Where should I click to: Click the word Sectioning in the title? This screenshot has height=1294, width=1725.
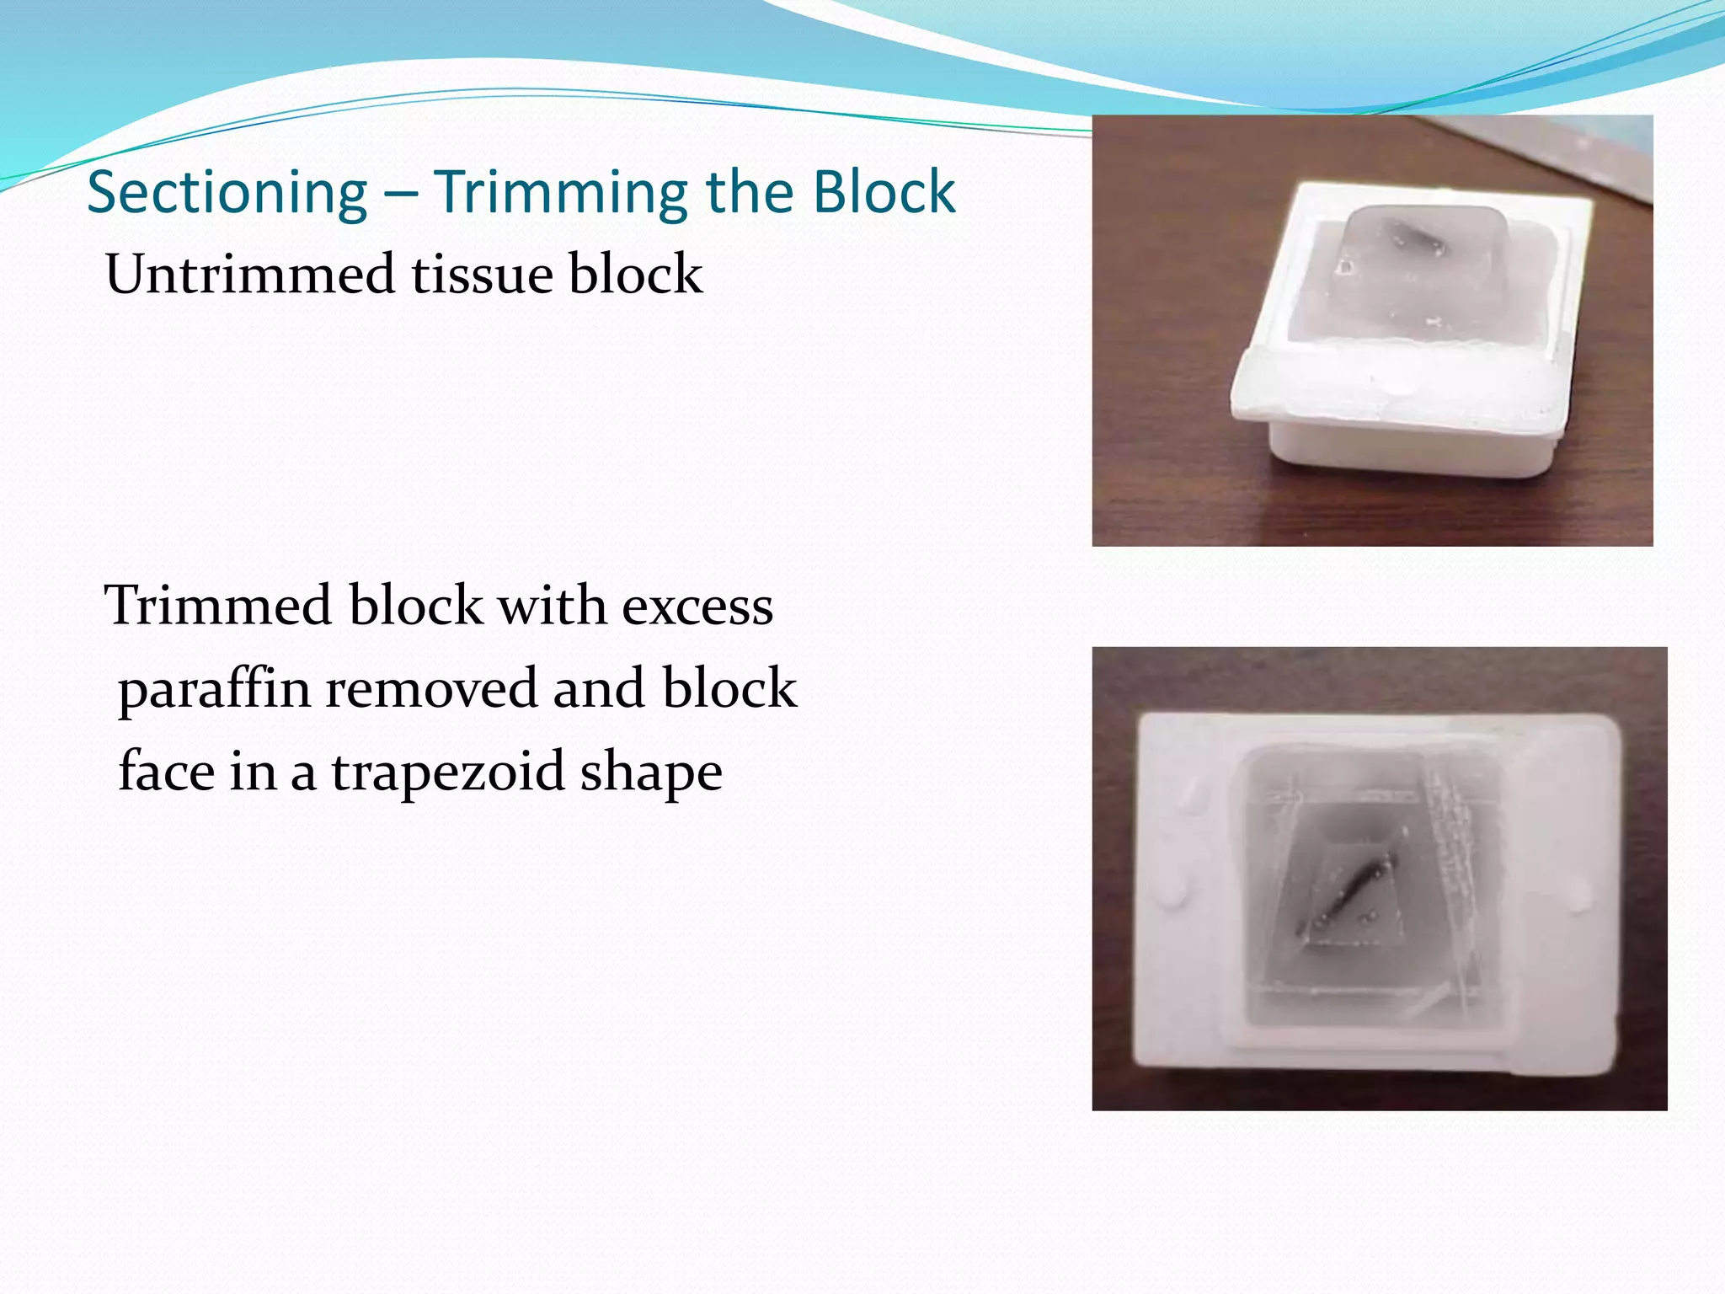227,193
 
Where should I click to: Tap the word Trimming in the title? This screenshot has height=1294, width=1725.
561,193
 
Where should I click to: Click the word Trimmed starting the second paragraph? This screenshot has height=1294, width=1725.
217,606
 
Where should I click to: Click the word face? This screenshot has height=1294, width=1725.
165,771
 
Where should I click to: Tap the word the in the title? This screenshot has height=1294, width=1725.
750,191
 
